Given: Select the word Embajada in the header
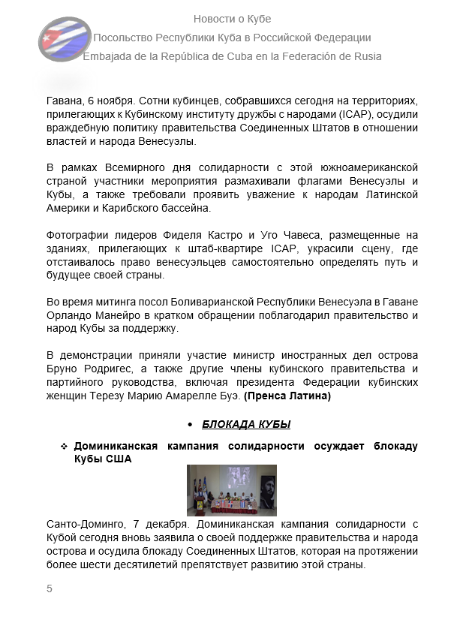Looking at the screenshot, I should (x=107, y=56).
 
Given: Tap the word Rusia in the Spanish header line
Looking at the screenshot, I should (x=366, y=56).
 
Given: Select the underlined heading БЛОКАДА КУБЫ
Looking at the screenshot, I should (x=246, y=424).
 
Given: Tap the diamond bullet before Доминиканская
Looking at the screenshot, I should (x=65, y=446).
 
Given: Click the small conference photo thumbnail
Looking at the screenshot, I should (x=231, y=490).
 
